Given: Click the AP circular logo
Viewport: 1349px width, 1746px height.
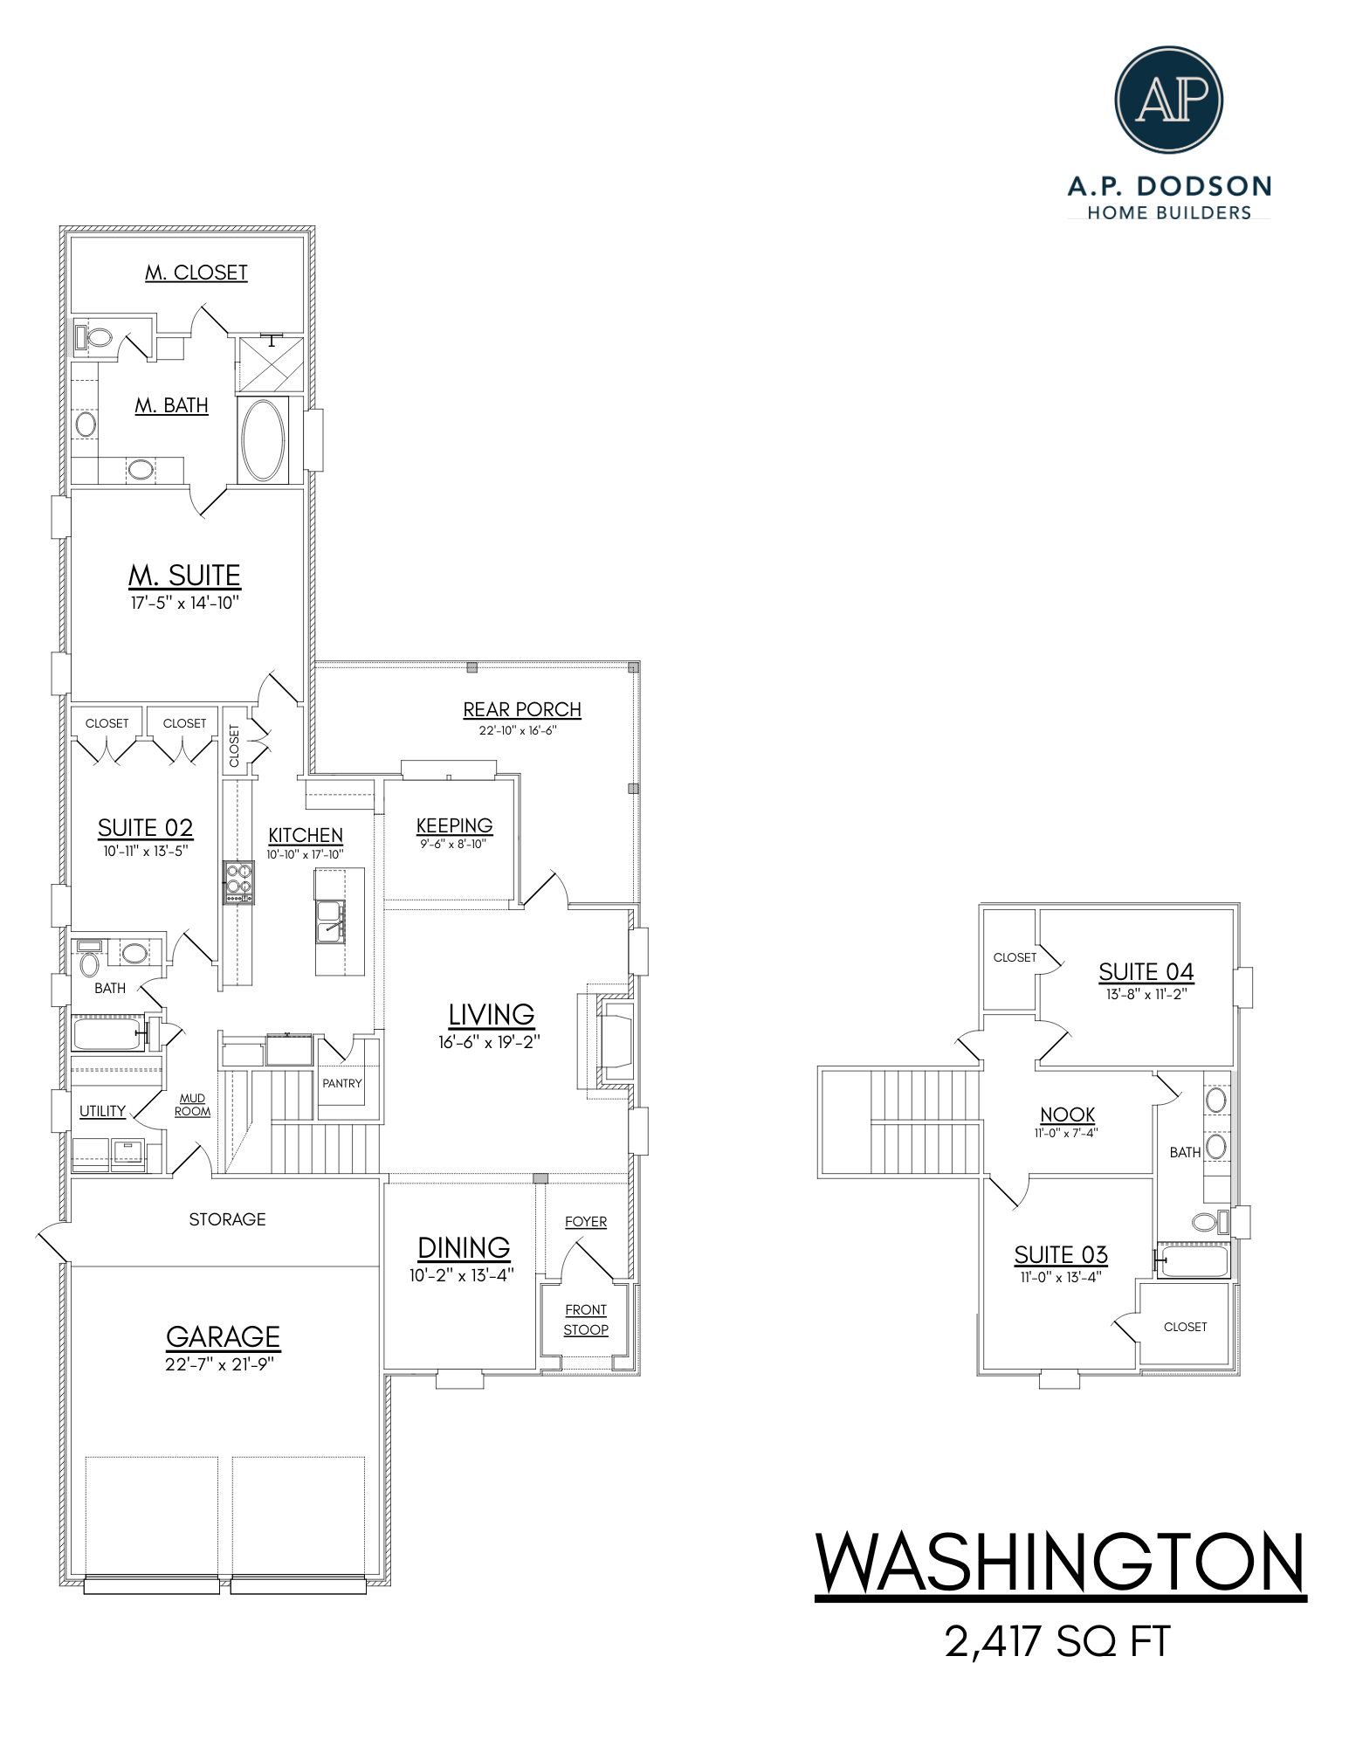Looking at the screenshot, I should (1168, 100).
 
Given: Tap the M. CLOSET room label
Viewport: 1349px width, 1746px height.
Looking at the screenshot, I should (196, 273).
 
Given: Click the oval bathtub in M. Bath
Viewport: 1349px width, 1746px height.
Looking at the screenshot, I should (263, 440).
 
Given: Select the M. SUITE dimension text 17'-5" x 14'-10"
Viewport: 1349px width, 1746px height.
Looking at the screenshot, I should (184, 603).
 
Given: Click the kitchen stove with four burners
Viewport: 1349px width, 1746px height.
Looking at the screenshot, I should (238, 882).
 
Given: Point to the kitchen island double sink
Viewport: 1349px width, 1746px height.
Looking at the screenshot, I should (330, 922).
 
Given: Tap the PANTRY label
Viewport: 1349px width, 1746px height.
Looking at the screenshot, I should (342, 1083).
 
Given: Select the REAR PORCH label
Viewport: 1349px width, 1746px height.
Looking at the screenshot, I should (522, 709).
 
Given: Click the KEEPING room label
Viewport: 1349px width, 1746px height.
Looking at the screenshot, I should (454, 825).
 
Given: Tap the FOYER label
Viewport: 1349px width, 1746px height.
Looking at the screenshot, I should (586, 1221).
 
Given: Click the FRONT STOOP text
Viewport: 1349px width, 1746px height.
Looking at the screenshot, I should (586, 1320).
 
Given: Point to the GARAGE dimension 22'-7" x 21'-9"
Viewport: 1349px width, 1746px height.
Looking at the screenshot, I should (219, 1364).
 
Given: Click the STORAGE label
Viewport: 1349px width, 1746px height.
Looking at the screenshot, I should (227, 1219).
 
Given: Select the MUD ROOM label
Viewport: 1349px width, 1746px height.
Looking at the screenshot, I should (192, 1105).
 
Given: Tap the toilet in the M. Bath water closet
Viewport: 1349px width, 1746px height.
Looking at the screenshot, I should (98, 337).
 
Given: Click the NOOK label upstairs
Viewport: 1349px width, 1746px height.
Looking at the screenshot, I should (1067, 1115).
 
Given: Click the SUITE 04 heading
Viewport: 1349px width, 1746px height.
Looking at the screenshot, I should (1146, 972).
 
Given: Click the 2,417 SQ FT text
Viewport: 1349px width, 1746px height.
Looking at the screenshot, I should (1057, 1641).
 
